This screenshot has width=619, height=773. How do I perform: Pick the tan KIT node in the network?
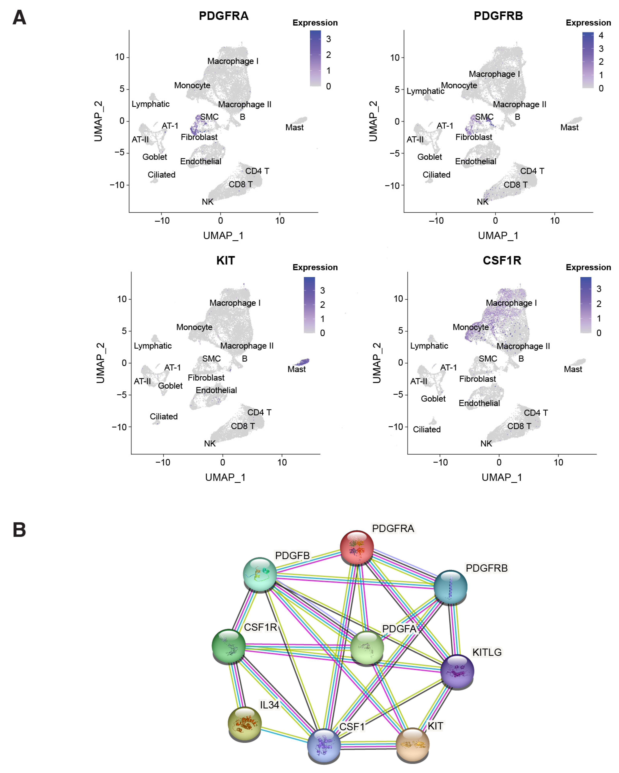(412, 744)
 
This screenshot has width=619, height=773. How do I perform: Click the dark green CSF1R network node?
(229, 645)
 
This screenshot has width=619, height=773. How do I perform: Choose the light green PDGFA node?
(367, 647)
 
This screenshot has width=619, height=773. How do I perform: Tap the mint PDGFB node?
(260, 574)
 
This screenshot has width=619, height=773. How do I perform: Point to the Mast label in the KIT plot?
(296, 369)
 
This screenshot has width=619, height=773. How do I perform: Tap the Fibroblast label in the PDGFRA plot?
(199, 137)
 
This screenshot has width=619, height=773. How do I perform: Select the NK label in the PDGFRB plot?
(482, 202)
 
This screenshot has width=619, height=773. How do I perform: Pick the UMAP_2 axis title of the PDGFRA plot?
(98, 121)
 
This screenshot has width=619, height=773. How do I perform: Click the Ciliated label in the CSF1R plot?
(427, 429)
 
